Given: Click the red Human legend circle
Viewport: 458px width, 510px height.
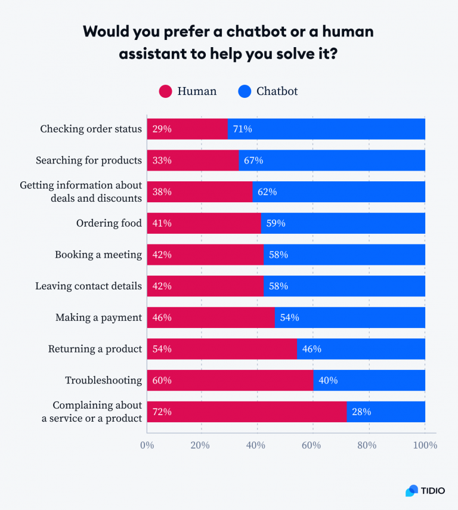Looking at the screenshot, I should tap(165, 91).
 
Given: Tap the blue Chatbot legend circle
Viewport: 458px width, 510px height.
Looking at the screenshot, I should tap(245, 91).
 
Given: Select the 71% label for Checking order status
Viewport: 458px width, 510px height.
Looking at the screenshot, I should tap(242, 129).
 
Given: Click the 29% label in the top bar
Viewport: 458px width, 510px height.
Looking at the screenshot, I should tap(162, 129).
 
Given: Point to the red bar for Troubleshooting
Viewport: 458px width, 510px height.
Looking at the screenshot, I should tap(230, 381).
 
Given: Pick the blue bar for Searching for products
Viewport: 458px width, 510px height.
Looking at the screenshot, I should tap(332, 160).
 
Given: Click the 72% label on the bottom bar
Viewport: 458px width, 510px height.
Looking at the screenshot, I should tap(162, 412).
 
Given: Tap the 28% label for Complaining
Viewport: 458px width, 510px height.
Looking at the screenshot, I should tap(361, 412).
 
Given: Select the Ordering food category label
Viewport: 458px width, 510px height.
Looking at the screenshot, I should tap(109, 223).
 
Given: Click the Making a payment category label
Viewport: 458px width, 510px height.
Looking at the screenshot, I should tap(98, 318).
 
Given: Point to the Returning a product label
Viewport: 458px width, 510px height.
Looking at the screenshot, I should tap(95, 349).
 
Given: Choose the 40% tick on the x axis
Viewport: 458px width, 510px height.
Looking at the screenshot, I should tap(256, 445).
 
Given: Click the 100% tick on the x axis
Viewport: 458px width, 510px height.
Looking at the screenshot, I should tap(425, 445).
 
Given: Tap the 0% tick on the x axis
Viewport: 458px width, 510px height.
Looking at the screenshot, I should tap(147, 445).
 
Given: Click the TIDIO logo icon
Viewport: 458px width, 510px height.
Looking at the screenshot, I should tap(411, 490).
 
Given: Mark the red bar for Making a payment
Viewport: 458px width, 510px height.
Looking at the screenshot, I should tap(211, 317).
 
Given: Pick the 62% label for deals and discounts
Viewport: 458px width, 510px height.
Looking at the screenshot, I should tap(267, 192).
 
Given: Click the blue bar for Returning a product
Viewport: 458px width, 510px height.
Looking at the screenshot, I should tap(361, 349).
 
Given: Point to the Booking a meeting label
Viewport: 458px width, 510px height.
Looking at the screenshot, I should tap(98, 255).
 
